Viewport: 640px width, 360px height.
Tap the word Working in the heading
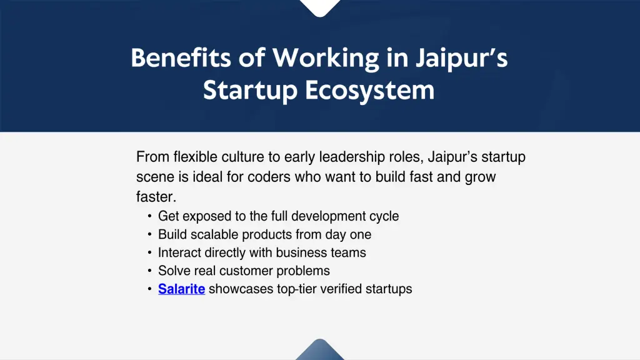coord(326,58)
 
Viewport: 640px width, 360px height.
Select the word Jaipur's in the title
coord(461,58)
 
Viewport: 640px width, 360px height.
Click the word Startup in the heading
coord(250,91)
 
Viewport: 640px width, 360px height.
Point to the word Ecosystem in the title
coord(369,91)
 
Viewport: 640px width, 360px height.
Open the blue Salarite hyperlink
coord(181,289)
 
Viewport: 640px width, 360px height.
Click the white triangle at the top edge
coord(320,7)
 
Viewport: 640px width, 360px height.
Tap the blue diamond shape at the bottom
coord(320,351)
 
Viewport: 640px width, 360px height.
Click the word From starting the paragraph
coord(152,156)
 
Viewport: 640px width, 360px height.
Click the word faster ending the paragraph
coord(156,197)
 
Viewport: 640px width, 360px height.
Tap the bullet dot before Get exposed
coord(150,216)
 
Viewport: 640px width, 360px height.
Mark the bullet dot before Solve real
coord(150,271)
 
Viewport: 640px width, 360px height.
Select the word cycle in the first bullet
coord(384,216)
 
